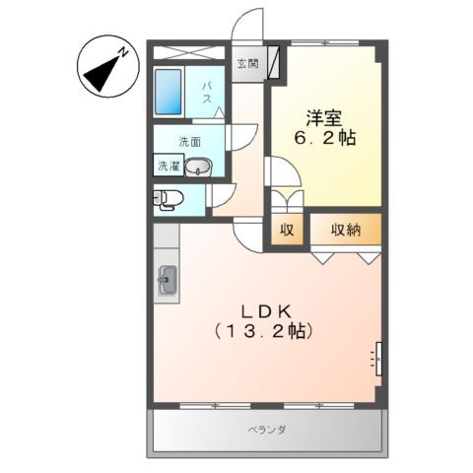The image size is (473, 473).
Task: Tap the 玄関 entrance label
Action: pyautogui.click(x=247, y=65)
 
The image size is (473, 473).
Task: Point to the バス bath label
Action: pyautogui.click(x=208, y=97)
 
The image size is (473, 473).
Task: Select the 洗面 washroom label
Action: pyautogui.click(x=190, y=141)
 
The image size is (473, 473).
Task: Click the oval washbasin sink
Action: pyautogui.click(x=200, y=167)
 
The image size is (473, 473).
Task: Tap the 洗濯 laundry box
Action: pyautogui.click(x=168, y=167)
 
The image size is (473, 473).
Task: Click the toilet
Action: pyautogui.click(x=166, y=199)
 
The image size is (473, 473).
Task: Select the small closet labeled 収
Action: pyautogui.click(x=287, y=231)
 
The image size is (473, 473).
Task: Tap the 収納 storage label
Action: pyautogui.click(x=344, y=231)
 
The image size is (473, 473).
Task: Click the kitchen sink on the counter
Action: pyautogui.click(x=167, y=281)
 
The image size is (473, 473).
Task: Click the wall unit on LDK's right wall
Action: pyautogui.click(x=376, y=357)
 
